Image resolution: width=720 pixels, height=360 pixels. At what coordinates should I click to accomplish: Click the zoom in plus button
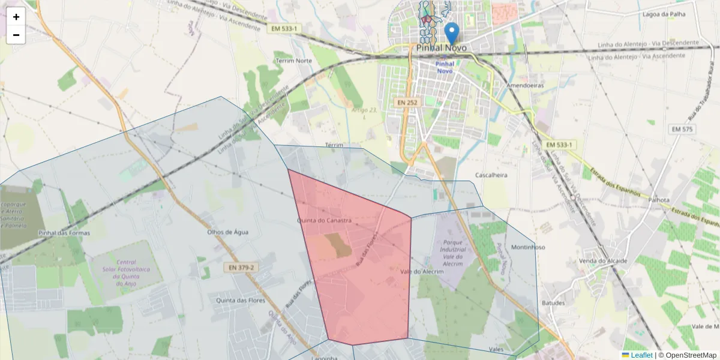click(x=16, y=17)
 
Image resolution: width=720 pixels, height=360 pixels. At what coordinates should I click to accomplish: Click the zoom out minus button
click(x=16, y=35)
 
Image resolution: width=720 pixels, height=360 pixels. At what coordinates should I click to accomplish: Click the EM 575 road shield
click(x=682, y=129)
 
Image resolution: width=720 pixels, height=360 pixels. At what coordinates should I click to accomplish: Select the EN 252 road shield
click(x=407, y=103)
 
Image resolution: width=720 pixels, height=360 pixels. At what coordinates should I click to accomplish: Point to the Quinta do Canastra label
click(x=324, y=221)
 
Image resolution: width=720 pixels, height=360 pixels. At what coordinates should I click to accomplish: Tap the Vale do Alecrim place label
click(x=421, y=272)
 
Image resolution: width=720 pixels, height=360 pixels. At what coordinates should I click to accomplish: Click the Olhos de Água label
click(x=227, y=232)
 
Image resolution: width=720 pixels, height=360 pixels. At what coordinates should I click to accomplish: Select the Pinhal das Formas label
click(x=64, y=233)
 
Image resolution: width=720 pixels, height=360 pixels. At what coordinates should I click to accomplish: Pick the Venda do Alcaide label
click(x=603, y=261)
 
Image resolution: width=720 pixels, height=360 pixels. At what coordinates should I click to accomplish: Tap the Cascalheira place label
click(x=491, y=175)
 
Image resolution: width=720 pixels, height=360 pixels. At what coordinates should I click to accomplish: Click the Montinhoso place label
click(x=528, y=247)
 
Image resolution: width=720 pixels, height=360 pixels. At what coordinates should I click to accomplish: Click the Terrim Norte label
click(x=293, y=61)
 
